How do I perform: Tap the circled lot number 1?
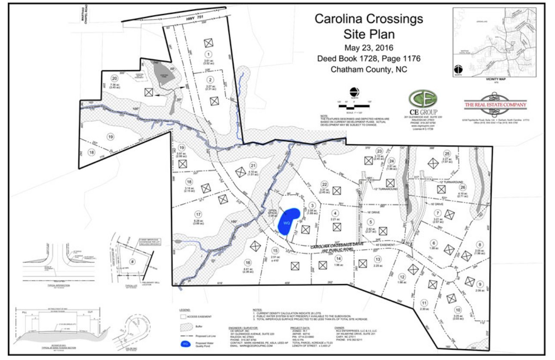(209, 55)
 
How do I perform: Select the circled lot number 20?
(114, 78)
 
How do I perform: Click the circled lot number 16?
(247, 263)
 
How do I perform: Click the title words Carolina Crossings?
(368, 19)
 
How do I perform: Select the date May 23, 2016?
(368, 47)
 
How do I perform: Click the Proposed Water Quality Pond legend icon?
(186, 344)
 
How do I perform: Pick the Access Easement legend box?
(183, 316)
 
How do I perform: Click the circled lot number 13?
(377, 259)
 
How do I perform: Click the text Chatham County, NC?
(368, 70)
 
